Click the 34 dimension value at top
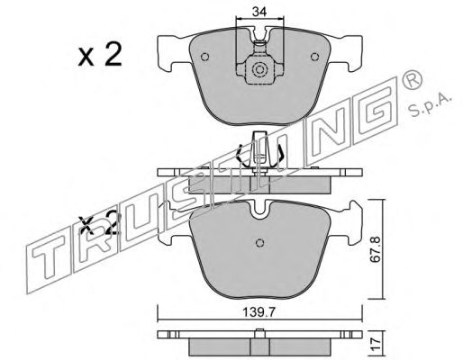[259, 12]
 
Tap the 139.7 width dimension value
[259, 313]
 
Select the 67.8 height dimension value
[375, 250]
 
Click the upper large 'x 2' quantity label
[100, 54]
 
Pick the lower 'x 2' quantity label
[99, 223]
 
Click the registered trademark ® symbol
[412, 79]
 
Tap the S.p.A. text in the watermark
[431, 106]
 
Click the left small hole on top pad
[205, 57]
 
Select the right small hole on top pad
[314, 57]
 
